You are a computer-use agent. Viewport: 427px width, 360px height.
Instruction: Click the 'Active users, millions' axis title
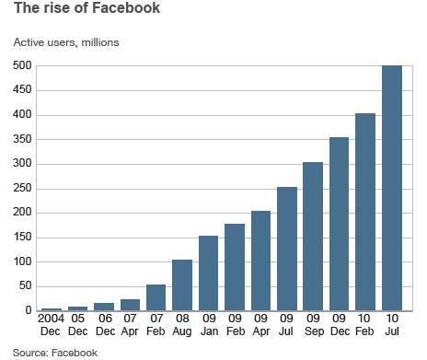64,42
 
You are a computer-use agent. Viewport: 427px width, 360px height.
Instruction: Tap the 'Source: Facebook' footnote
54,352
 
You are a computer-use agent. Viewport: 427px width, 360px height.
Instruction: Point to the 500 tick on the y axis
21,66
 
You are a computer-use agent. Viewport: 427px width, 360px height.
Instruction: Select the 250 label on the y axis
21,189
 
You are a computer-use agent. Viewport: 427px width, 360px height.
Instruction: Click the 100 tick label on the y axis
21,261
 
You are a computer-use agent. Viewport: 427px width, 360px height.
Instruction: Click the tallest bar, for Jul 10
392,189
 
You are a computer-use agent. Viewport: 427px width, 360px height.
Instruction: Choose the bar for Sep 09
314,237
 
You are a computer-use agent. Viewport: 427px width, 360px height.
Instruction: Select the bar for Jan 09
209,273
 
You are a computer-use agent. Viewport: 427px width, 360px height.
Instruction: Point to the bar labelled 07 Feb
156,297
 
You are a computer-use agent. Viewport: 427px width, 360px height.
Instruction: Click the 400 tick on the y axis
21,115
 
